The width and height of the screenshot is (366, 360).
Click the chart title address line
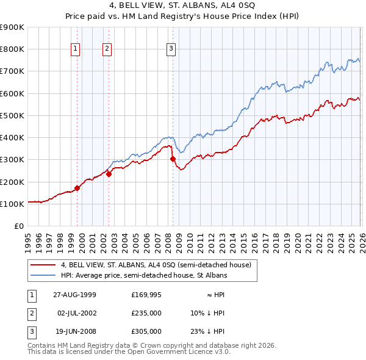coord(183,5)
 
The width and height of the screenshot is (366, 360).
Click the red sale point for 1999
coord(77,188)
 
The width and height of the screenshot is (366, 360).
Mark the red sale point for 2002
coord(109,174)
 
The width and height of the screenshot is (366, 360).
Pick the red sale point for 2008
coord(173,159)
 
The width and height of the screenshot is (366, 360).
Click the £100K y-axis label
coord(12,204)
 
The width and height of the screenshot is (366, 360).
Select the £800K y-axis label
coord(12,49)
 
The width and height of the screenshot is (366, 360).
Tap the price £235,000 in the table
coord(146,313)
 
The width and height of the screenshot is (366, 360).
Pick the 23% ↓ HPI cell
coord(207,331)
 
